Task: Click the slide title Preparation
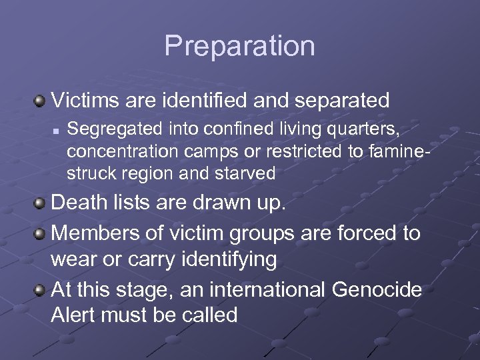[239, 46]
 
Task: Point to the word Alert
[73, 315]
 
